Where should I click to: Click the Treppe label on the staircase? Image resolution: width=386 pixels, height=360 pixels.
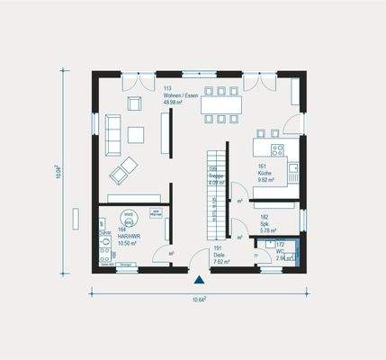pos(214,177)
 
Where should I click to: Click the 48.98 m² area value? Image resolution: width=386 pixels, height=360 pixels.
pos(174,103)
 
